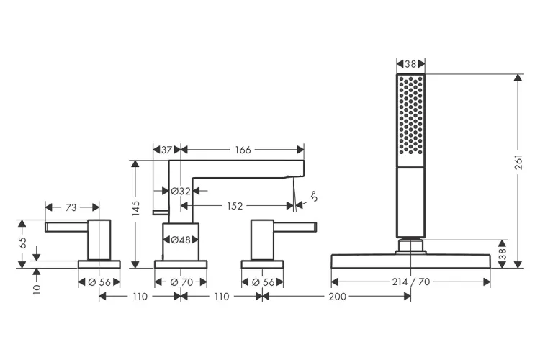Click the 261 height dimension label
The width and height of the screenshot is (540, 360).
coord(518,162)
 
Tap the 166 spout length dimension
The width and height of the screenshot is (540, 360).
coord(243,150)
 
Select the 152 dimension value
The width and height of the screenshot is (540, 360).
coord(235,206)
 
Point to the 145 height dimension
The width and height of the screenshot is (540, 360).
coord(135,208)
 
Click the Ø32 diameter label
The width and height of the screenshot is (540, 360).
coord(181,191)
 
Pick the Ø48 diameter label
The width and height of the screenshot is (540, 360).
coord(181,240)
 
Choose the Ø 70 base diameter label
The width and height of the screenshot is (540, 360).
coord(181,282)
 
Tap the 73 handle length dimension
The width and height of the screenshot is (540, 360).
coord(71,208)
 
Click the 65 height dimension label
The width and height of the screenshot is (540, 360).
coord(22,243)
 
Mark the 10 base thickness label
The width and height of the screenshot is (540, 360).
coord(37,289)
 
